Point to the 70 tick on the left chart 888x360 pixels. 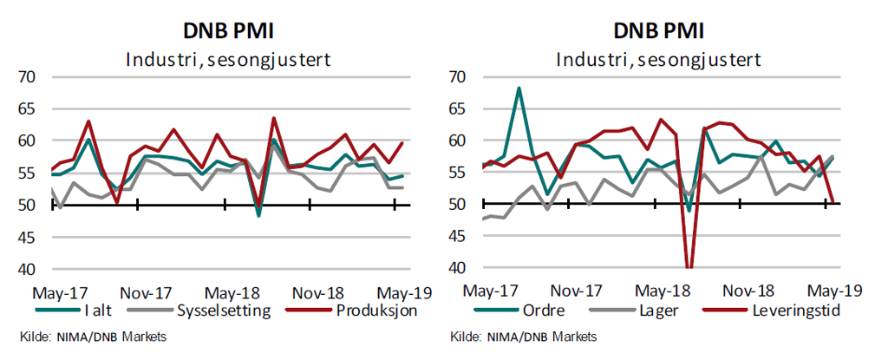coord(28,77)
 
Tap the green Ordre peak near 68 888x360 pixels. coord(519,88)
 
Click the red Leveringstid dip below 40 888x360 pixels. coord(689,267)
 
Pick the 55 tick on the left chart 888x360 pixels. coord(28,173)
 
